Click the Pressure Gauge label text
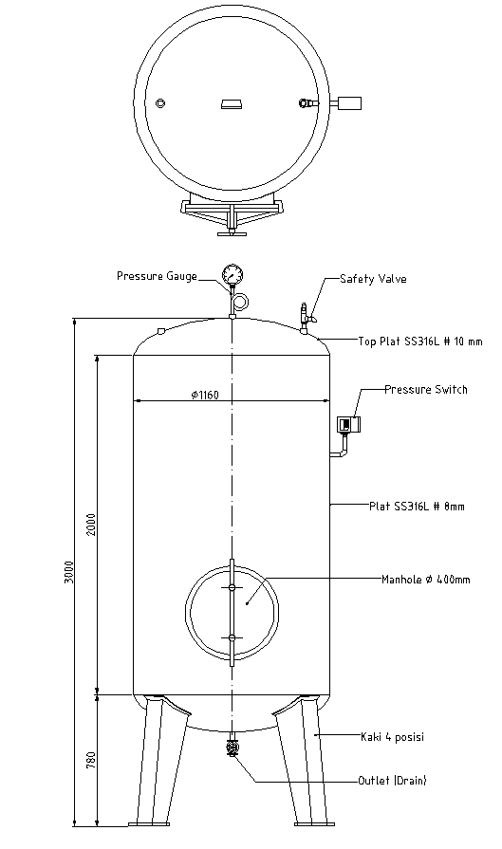tap(157, 276)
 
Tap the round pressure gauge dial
tap(232, 276)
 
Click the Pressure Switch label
tap(426, 390)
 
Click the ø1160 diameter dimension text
tap(204, 395)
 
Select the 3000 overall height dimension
tap(69, 574)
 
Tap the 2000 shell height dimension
tap(91, 525)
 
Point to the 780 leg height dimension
tap(91, 760)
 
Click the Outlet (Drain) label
tap(392, 781)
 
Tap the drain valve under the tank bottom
tap(232, 750)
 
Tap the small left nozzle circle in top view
tap(160, 103)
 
